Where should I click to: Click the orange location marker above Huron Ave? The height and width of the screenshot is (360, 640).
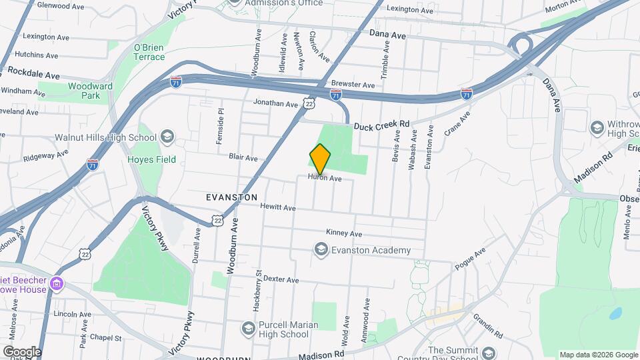[321, 159]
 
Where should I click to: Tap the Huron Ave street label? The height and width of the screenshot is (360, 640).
[325, 179]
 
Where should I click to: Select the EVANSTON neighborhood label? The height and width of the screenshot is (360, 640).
[231, 197]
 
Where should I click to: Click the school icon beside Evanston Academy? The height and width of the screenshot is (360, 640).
[321, 249]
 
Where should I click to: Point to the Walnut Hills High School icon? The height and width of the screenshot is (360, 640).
[166, 137]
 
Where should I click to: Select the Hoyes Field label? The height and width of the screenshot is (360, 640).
[152, 159]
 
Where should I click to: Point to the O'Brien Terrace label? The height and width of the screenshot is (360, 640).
[149, 52]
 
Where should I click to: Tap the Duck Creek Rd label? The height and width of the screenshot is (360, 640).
[381, 125]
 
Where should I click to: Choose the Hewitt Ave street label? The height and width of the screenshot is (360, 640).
[278, 208]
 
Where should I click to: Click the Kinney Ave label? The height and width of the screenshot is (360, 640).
[344, 233]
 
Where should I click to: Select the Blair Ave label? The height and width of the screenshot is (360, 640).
[243, 158]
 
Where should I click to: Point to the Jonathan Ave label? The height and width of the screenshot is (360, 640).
[275, 104]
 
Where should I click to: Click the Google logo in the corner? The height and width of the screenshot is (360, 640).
[22, 351]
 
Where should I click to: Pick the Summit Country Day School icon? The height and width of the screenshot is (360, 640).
[489, 353]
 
